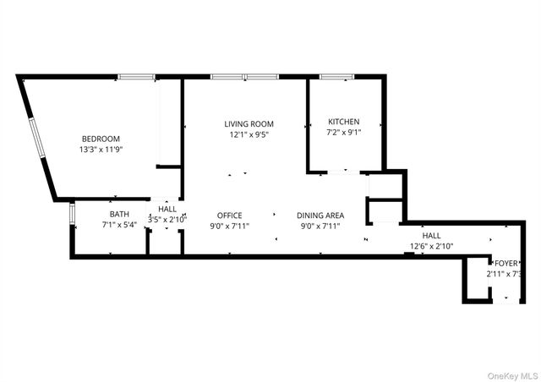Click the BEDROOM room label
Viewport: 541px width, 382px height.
click(101, 139)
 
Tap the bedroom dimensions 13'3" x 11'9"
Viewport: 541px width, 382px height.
click(101, 150)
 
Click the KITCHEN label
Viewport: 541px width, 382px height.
click(344, 122)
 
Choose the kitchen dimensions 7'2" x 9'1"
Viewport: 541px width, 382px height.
click(344, 133)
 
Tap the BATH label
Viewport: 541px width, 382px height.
click(119, 215)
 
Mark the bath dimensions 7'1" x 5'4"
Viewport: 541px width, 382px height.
click(119, 226)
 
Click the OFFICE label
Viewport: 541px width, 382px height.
click(229, 216)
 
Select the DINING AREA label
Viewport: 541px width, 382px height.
click(321, 216)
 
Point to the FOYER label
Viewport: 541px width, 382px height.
click(507, 263)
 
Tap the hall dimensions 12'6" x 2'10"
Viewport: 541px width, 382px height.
click(432, 247)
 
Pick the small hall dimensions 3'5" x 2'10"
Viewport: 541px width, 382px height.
click(167, 219)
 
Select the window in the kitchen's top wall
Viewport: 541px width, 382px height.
click(336, 77)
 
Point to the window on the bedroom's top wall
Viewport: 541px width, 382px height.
click(135, 77)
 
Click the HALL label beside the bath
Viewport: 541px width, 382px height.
click(167, 209)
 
